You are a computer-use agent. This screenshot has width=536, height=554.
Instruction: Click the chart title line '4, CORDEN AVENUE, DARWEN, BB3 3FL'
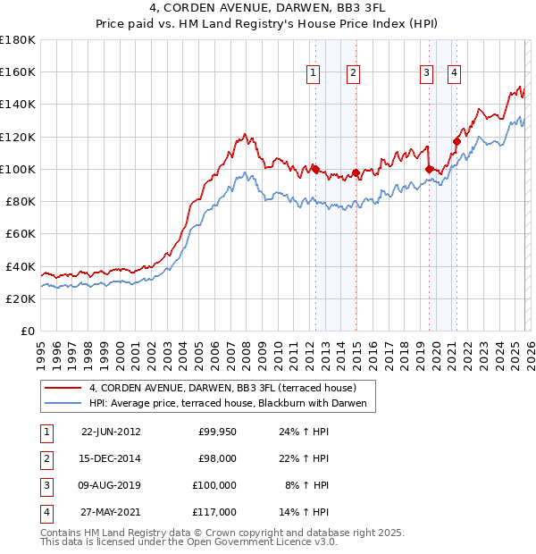point(267,11)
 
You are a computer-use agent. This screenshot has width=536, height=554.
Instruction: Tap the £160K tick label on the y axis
point(18,71)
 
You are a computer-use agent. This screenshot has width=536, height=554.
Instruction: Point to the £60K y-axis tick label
point(21,233)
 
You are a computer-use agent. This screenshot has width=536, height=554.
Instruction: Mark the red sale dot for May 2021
point(456,141)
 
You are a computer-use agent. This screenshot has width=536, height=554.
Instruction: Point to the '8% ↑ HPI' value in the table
point(304,485)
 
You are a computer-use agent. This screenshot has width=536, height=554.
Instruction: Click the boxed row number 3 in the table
point(46,485)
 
